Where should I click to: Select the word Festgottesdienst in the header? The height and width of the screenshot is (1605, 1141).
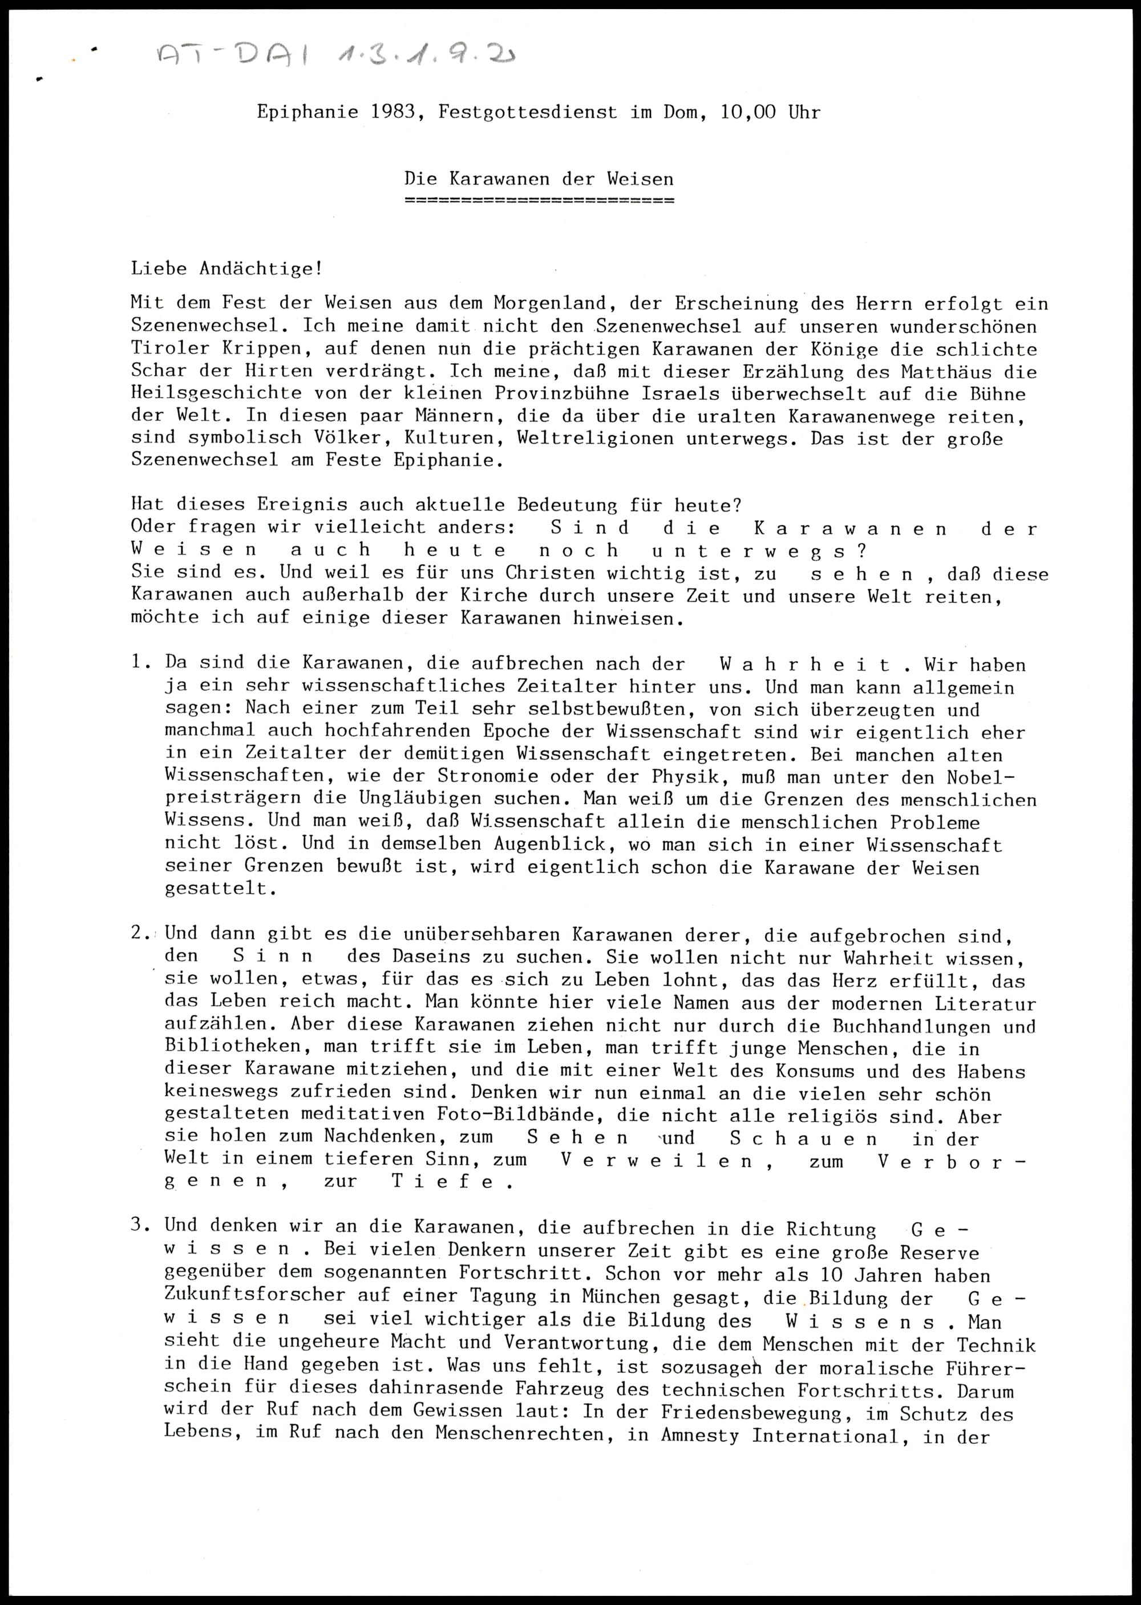528,112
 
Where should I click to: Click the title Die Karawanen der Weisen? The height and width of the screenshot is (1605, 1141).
539,179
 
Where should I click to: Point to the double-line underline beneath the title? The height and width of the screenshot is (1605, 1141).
539,201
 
